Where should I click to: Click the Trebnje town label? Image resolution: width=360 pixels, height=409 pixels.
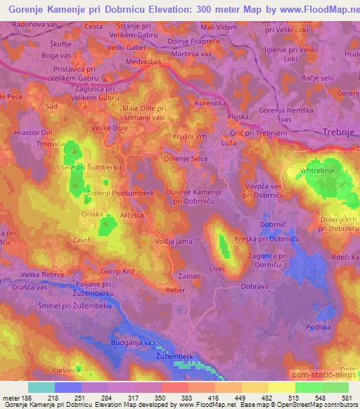coord(336,132)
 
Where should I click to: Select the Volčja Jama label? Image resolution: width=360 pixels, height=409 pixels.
coord(173,242)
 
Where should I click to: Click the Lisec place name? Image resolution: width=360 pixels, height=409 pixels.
coord(217,268)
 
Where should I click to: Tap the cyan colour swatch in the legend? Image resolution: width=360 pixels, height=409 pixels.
coord(41,387)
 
